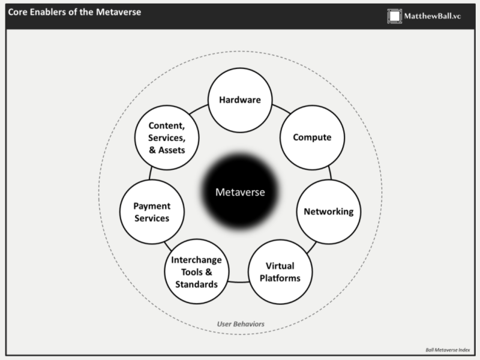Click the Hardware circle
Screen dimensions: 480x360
click(240, 100)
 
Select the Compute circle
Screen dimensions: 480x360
click(312, 137)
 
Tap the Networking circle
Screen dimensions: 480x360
click(329, 212)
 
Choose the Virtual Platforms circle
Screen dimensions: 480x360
click(280, 272)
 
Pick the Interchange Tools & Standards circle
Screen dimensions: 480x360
click(197, 272)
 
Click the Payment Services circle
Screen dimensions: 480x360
click(152, 212)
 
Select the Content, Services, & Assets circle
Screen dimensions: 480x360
click(167, 137)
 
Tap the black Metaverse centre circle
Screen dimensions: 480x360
click(240, 192)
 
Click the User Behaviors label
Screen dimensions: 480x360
click(241, 324)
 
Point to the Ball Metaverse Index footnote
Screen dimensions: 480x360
click(448, 350)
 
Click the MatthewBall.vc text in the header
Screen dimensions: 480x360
click(432, 16)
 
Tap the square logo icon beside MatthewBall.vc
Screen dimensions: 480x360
click(395, 16)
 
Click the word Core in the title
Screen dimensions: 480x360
click(17, 12)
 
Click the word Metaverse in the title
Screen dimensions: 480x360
click(118, 12)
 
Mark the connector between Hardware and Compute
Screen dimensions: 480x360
click(281, 109)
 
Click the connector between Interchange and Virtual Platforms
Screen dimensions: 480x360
click(238, 281)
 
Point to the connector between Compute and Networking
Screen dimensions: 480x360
click(330, 173)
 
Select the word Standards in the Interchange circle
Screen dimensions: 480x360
click(197, 284)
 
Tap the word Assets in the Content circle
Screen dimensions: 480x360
click(172, 150)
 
